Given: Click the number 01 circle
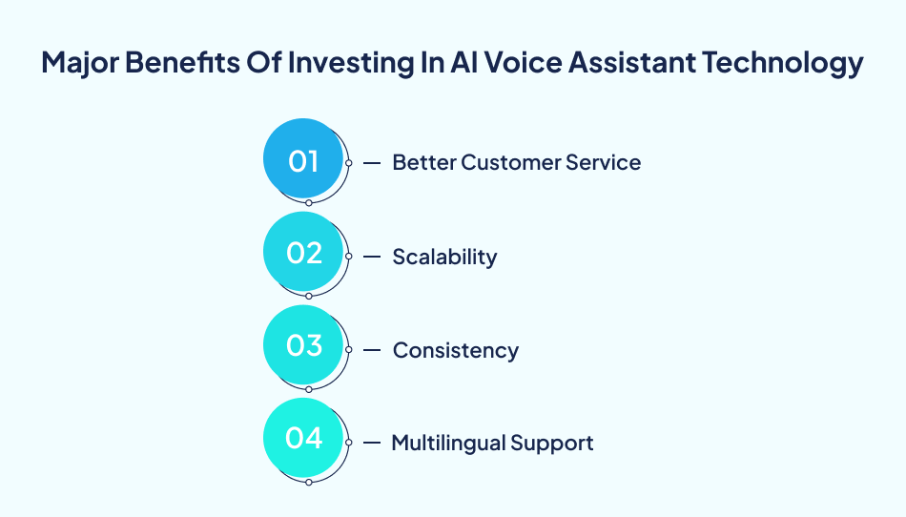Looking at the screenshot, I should pyautogui.click(x=302, y=159).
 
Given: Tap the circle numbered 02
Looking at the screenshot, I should pyautogui.click(x=302, y=253).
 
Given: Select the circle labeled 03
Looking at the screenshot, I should pyautogui.click(x=302, y=345).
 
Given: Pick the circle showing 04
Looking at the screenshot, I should pyautogui.click(x=302, y=439).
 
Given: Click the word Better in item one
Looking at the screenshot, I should pyautogui.click(x=423, y=162).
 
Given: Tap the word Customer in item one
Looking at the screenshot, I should pyautogui.click(x=507, y=162).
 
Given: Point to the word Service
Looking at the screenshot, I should pyautogui.click(x=602, y=162).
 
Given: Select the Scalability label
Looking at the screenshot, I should pyautogui.click(x=444, y=257).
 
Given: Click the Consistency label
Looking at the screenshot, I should pyautogui.click(x=456, y=350).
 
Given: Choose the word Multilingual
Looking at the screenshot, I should pyautogui.click(x=448, y=443).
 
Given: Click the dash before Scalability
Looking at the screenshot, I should pyautogui.click(x=373, y=257).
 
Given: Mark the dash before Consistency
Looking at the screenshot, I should pyautogui.click(x=373, y=350).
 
